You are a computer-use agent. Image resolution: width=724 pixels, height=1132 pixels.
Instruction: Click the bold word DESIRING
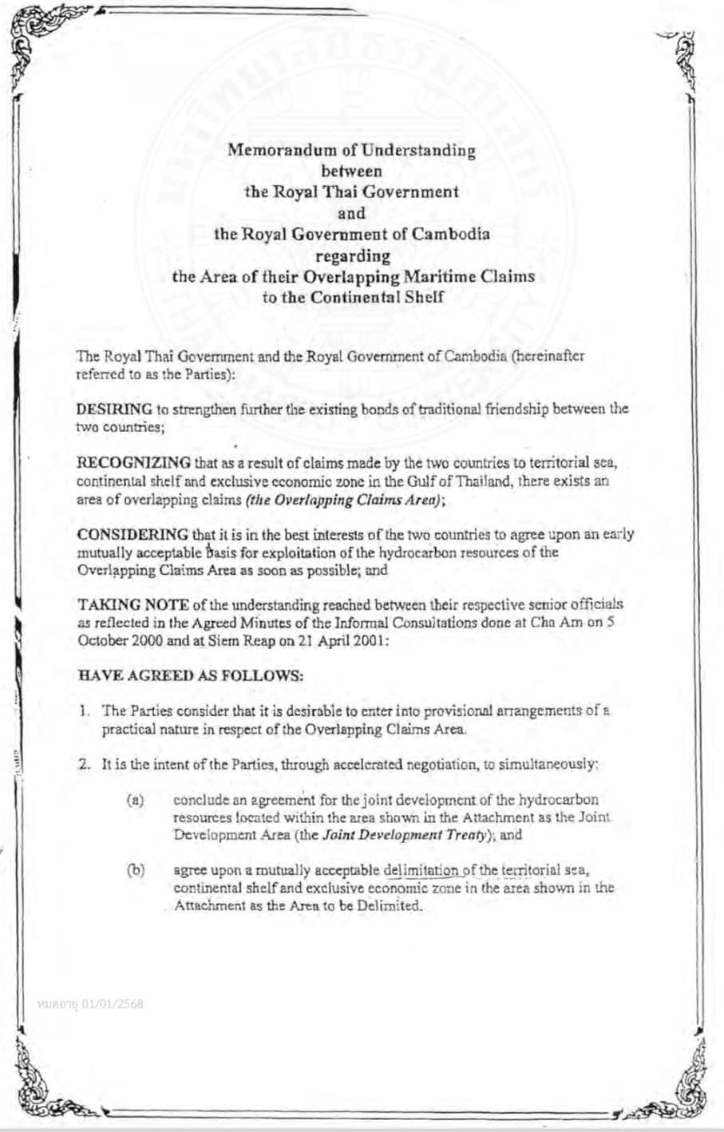(114, 409)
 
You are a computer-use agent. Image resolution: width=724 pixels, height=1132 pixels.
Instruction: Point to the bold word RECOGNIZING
(133, 464)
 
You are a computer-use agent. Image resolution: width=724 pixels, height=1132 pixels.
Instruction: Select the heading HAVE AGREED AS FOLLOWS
(190, 675)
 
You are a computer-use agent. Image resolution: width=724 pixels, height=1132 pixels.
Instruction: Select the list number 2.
(84, 763)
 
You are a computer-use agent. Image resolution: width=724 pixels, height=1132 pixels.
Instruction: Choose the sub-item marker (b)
(135, 870)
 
